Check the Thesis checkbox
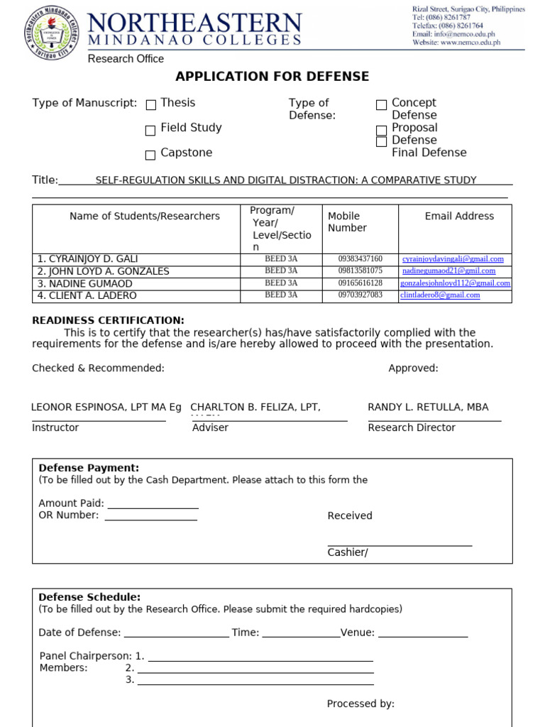click(x=150, y=105)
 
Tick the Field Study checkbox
click(x=150, y=131)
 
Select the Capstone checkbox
click(x=150, y=155)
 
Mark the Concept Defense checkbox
click(x=381, y=105)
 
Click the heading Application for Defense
click(x=272, y=77)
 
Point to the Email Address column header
click(x=459, y=216)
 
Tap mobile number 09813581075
click(x=360, y=270)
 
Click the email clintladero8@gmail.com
click(x=440, y=295)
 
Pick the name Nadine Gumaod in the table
click(x=85, y=283)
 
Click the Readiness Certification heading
click(x=108, y=320)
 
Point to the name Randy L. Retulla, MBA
click(x=428, y=407)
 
